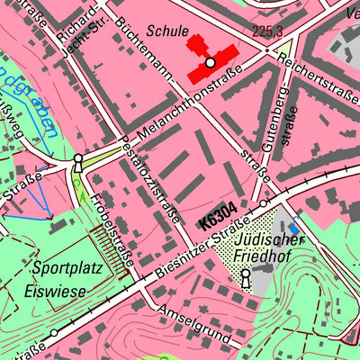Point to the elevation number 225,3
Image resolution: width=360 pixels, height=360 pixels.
click(243, 31)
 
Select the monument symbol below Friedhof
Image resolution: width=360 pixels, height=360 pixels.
click(246, 279)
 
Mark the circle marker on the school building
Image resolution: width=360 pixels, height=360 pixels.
click(210, 63)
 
